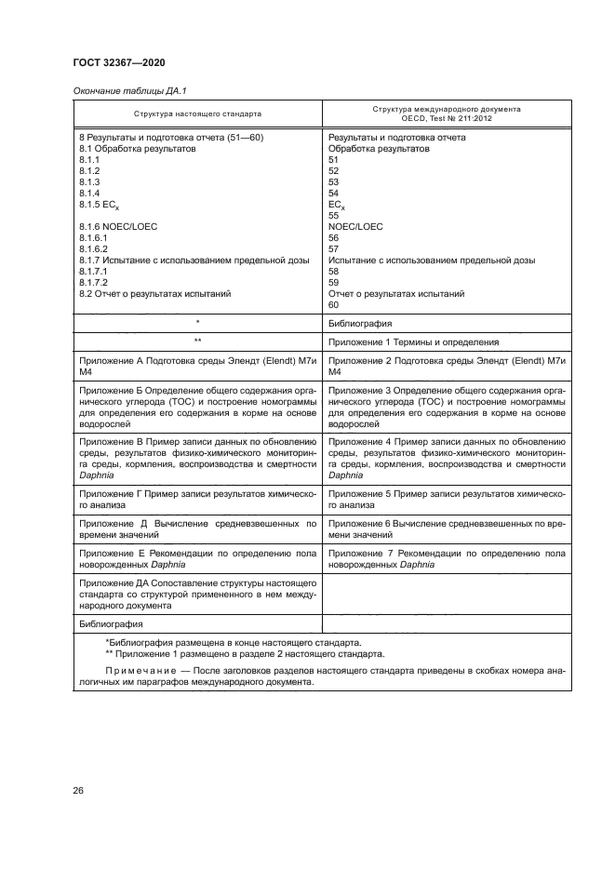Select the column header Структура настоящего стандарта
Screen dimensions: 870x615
tap(197, 114)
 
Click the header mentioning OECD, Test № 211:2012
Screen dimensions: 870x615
tap(447, 114)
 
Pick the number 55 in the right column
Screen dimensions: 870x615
tap(335, 215)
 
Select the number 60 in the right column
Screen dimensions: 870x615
tap(335, 304)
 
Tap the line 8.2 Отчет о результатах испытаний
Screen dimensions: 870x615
tap(154, 293)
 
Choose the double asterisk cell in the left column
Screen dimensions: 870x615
tap(198, 342)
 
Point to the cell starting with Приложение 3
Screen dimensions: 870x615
tap(447, 405)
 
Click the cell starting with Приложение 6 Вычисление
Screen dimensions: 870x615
tap(447, 529)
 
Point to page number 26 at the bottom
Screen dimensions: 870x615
tap(79, 790)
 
